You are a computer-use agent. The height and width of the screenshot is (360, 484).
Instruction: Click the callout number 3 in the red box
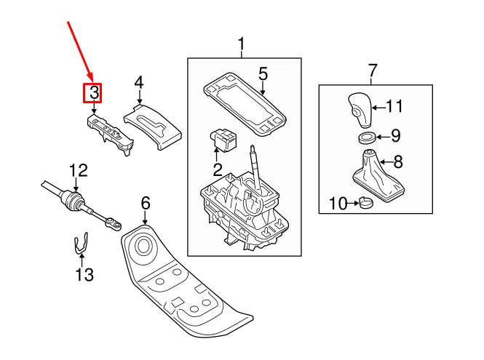93,92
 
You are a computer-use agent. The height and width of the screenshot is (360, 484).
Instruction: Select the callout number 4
138,83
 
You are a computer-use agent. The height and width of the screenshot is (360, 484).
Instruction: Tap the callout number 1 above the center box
242,47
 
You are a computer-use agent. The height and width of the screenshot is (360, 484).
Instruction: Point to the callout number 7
373,71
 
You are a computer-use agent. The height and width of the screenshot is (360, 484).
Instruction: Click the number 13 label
84,274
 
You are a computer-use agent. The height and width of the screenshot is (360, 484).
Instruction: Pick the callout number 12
78,170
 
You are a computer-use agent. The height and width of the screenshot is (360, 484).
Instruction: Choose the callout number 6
145,202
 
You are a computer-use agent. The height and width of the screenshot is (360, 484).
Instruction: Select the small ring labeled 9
368,137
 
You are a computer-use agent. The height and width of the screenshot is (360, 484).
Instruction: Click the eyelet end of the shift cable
114,220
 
